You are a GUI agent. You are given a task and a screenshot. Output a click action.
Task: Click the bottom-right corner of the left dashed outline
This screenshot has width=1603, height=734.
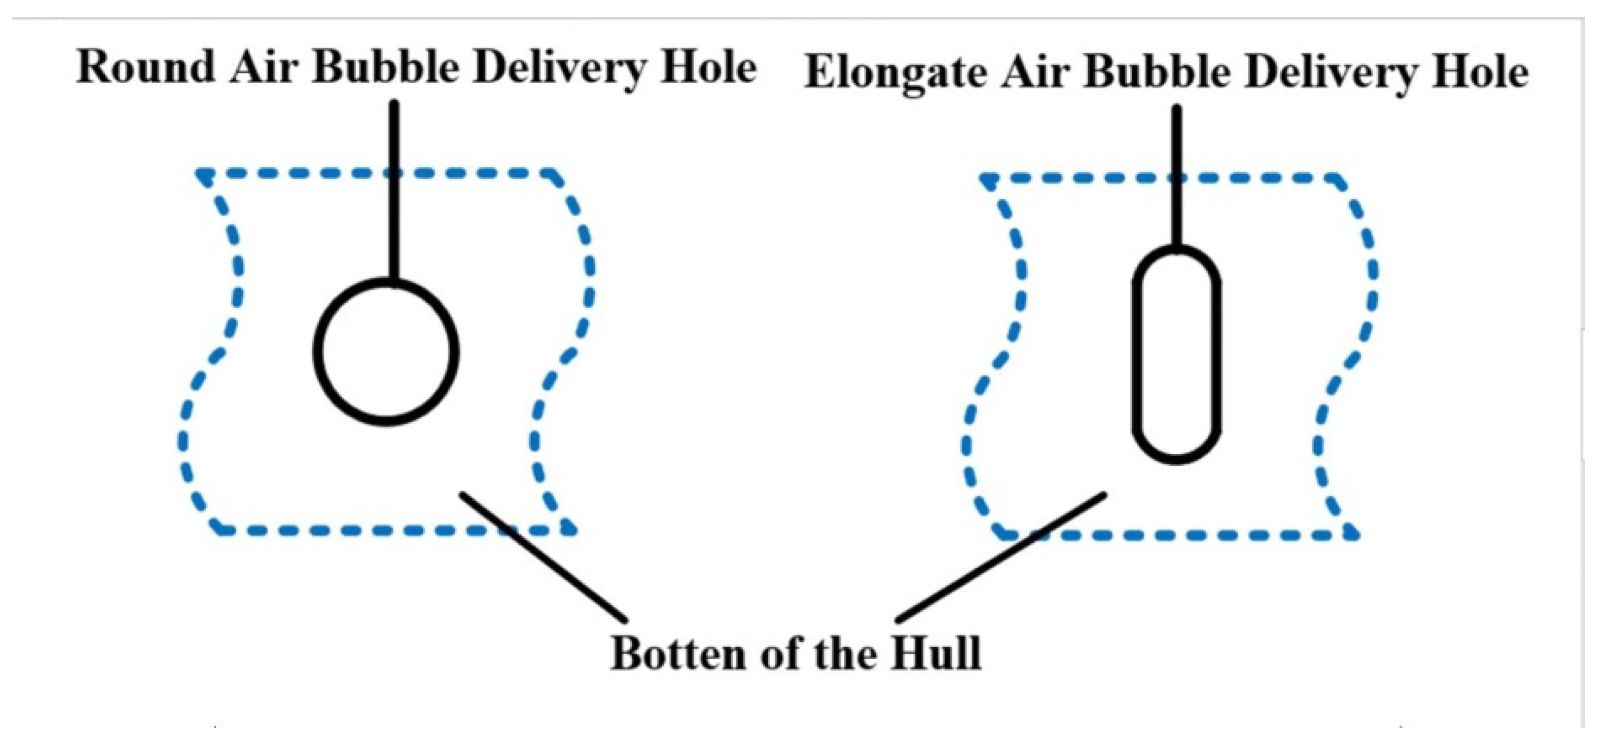pyautogui.click(x=570, y=530)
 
